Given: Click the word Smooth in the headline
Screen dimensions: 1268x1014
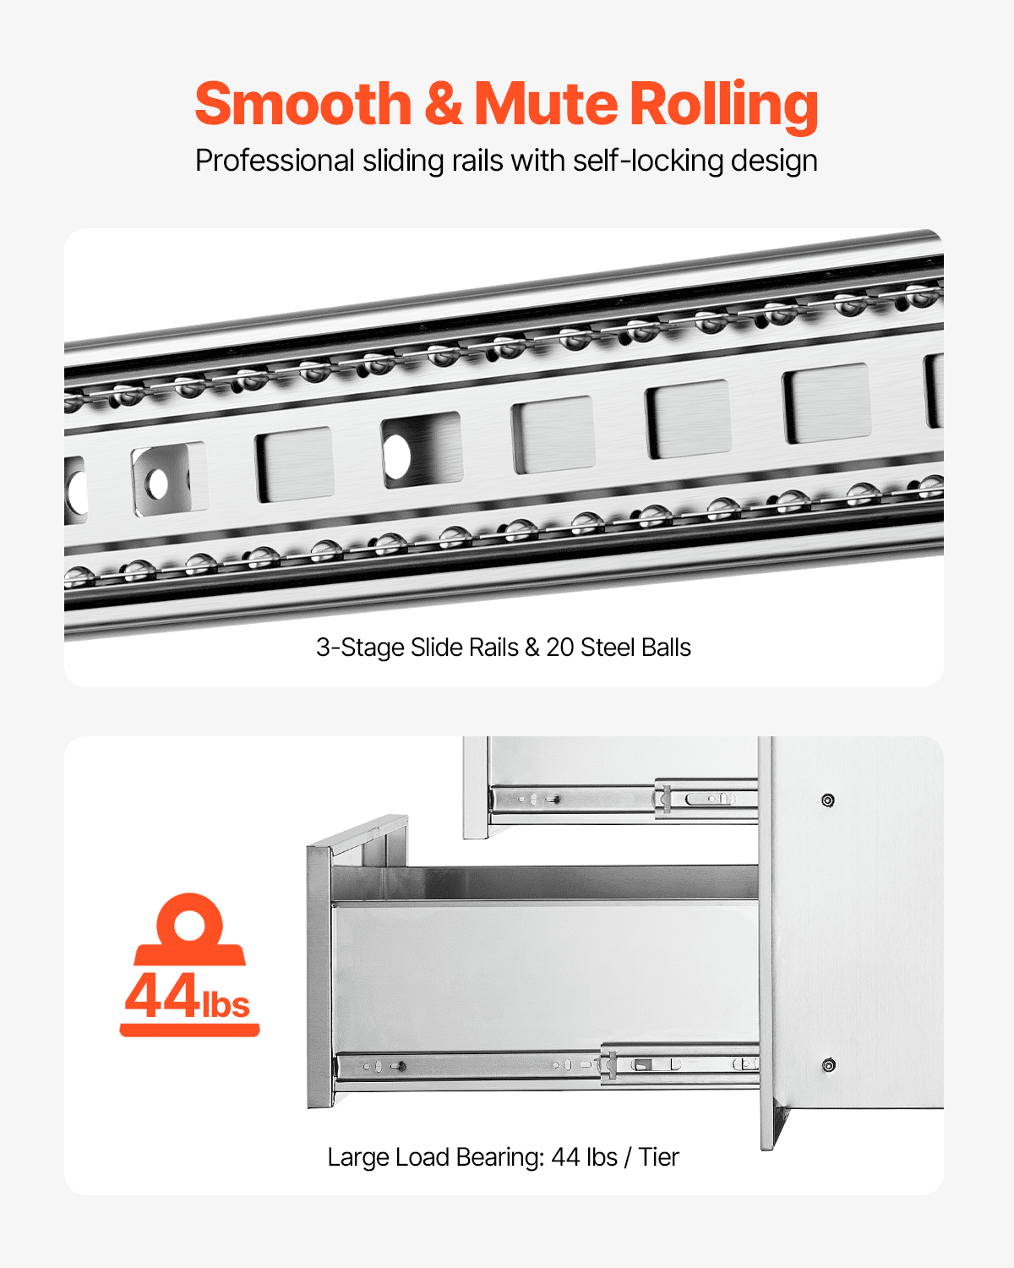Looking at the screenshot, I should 303,104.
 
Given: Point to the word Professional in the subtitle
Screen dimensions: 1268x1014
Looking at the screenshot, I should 275,161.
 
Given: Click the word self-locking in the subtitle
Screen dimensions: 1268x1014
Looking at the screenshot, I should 648,161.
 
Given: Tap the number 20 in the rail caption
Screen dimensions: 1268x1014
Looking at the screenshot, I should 559,648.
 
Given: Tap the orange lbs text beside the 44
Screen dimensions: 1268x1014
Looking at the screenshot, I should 226,1004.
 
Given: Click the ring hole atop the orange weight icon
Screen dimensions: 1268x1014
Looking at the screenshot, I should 189,923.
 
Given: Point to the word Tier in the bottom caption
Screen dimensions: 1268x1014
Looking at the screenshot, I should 658,1157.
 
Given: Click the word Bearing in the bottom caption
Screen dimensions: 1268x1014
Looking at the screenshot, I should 500,1157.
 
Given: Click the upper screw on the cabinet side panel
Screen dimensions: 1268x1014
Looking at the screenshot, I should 828,801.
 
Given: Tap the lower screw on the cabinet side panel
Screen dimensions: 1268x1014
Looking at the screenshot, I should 829,1065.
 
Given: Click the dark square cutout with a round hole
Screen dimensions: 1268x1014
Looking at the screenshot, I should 421,450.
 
